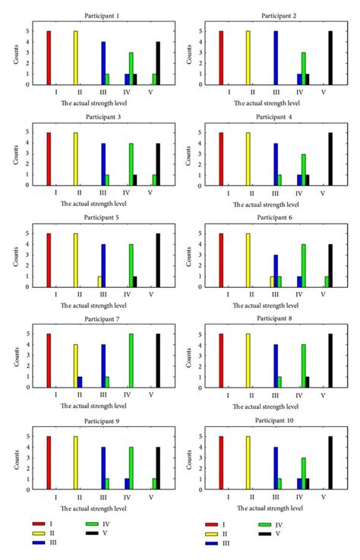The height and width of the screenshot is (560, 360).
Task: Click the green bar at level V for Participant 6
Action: coord(327,281)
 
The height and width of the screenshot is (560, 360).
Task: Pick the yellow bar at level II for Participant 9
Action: coord(75,462)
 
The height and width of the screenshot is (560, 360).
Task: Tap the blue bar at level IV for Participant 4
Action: coord(299,180)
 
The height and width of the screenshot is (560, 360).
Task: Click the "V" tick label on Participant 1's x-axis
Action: coord(150,93)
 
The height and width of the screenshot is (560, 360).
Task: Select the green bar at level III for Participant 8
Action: coord(279,381)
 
